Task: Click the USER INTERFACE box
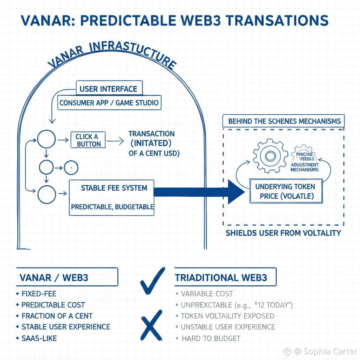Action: click(x=109, y=89)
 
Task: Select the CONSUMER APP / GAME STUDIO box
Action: click(x=109, y=103)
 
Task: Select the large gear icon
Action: click(x=270, y=156)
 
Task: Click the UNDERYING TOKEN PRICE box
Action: click(x=285, y=191)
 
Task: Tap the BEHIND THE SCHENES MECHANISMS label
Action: click(x=284, y=121)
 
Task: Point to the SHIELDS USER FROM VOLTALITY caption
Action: click(x=283, y=233)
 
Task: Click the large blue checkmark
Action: click(x=152, y=281)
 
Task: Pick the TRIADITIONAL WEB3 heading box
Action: click(x=225, y=277)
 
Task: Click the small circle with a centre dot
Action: click(x=71, y=168)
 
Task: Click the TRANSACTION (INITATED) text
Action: click(x=151, y=139)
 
